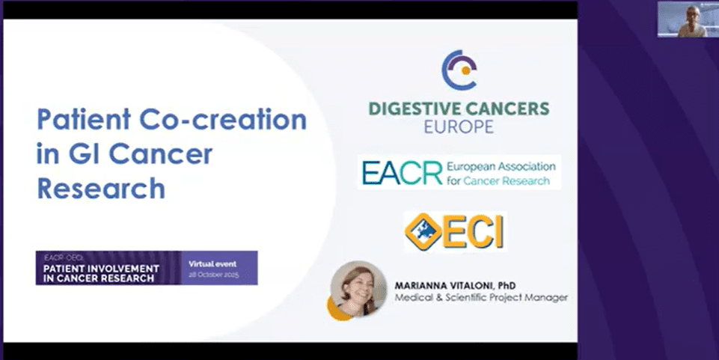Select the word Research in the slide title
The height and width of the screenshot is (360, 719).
101,188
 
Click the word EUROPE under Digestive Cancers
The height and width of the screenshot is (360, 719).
459,126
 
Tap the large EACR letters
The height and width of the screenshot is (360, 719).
401,172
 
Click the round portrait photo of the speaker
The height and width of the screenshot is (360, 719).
358,288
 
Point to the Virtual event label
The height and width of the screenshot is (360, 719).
212,263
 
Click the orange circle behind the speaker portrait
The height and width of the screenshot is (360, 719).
336,308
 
